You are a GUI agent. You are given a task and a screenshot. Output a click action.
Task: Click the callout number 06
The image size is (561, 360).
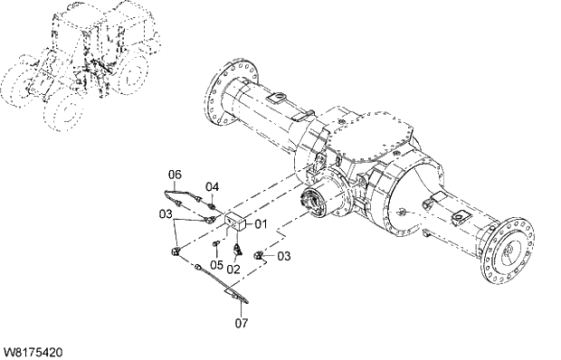176,173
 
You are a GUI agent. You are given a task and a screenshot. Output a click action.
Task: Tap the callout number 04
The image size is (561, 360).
212,187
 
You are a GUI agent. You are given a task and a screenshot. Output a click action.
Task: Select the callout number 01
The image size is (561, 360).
261,223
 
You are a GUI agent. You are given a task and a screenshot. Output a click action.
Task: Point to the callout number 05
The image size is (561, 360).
215,264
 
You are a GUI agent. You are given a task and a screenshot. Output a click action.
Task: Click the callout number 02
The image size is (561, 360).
233,269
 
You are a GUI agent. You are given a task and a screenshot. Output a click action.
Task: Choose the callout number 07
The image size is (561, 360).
242,320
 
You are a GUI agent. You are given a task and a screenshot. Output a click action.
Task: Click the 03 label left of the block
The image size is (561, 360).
164,214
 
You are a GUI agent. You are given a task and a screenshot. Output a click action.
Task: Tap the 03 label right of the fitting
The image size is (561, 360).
284,256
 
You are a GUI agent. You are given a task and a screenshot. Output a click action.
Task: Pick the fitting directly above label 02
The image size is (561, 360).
238,246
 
